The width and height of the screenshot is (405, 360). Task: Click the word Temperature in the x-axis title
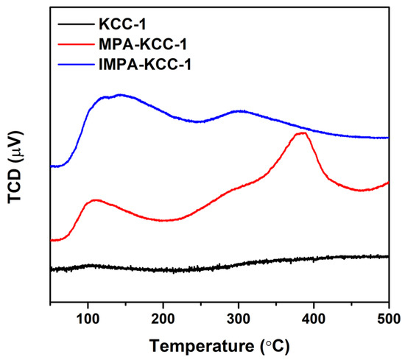click(x=194, y=345)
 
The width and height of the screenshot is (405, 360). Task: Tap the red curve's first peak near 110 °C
click(x=95, y=200)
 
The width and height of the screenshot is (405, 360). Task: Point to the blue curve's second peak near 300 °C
click(x=237, y=111)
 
